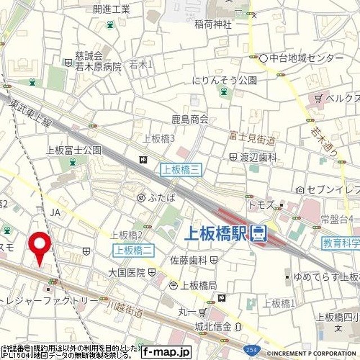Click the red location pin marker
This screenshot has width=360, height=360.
click(39, 245)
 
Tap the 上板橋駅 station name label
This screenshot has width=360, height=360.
click(215, 234)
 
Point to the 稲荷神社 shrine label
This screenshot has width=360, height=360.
click(213, 24)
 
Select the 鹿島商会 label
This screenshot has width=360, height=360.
click(190, 119)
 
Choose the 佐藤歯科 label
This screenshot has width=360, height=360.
click(189, 260)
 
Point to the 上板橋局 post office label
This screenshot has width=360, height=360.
click(198, 285)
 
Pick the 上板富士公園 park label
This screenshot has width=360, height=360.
click(74, 150)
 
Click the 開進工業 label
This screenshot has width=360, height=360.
click(111, 9)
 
